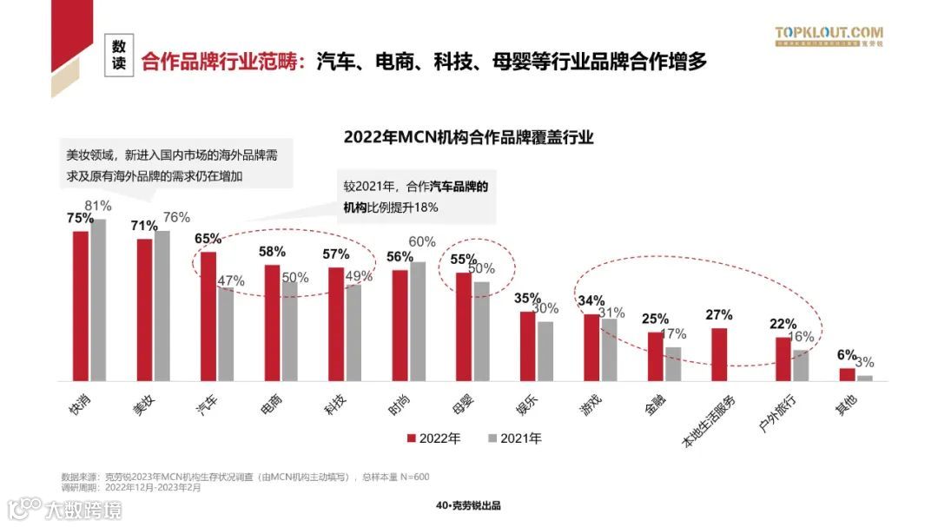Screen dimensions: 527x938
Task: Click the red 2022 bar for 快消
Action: (x=80, y=306)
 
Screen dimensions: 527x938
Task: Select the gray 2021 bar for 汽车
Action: (x=226, y=334)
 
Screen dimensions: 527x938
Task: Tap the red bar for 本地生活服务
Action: (x=719, y=354)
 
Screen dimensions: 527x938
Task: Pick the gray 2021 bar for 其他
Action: (x=864, y=378)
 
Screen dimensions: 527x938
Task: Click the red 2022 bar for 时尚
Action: (x=400, y=326)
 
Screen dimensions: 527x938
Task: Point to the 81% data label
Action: (x=98, y=206)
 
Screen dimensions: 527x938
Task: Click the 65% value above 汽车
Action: (x=208, y=239)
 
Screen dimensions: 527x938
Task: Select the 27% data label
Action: (x=719, y=315)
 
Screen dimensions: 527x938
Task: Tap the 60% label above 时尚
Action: (x=422, y=241)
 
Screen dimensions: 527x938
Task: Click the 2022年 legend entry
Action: (x=434, y=439)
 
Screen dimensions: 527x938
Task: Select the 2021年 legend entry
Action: (x=514, y=439)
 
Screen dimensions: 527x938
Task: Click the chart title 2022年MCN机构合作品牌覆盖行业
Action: (x=468, y=137)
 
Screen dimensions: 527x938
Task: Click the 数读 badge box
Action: (x=119, y=56)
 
